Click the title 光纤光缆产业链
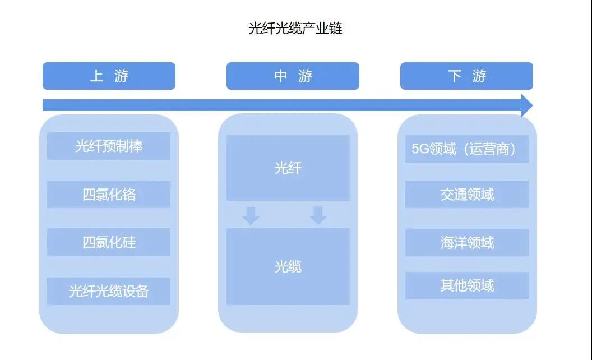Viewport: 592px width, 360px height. tap(295, 29)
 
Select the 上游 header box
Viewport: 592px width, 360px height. tap(109, 76)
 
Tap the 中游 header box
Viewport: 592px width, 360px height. tap(293, 76)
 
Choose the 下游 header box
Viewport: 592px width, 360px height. tap(466, 76)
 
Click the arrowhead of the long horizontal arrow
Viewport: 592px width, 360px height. tap(527, 105)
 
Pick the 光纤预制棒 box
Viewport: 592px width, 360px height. tap(109, 146)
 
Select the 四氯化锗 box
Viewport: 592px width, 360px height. tap(109, 194)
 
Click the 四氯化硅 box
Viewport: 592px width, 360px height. tap(109, 242)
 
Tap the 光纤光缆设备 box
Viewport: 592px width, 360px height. tap(109, 291)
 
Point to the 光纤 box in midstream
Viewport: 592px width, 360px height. tap(288, 168)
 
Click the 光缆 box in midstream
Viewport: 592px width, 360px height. tap(288, 267)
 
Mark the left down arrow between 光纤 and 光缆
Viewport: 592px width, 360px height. tap(251, 216)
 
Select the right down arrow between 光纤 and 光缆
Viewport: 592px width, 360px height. tap(318, 215)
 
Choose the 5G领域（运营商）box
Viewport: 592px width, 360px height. tap(466, 149)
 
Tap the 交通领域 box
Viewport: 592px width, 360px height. tap(466, 194)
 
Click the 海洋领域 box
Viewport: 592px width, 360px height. tap(466, 242)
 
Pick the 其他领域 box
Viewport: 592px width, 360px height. tap(466, 285)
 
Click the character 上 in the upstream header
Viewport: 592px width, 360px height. tap(96, 76)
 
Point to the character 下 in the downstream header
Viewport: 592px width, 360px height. tap(455, 76)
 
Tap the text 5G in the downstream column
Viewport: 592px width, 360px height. tap(420, 149)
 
